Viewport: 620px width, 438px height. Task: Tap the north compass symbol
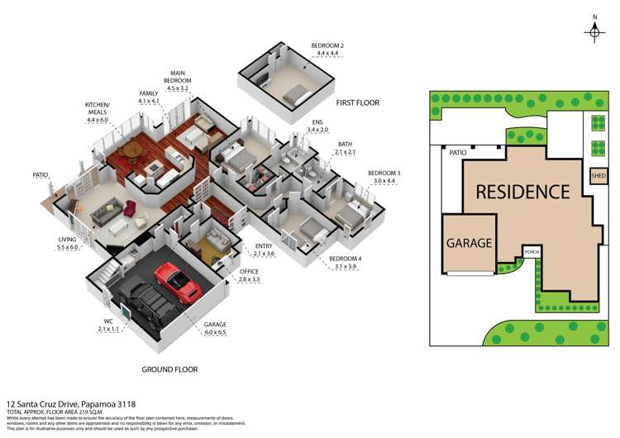click(x=595, y=31)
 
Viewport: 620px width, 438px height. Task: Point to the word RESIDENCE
click(x=522, y=192)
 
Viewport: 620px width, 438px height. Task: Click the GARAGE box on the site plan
click(x=470, y=244)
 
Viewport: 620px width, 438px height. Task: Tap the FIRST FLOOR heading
click(x=357, y=102)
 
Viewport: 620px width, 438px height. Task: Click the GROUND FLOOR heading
click(x=169, y=369)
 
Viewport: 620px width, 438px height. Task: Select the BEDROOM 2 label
click(x=327, y=45)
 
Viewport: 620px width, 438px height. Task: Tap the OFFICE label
click(x=249, y=271)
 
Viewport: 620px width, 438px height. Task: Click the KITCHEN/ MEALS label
click(x=98, y=108)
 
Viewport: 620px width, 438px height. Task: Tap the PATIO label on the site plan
click(x=458, y=153)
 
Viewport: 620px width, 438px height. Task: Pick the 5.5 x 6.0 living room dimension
click(x=68, y=247)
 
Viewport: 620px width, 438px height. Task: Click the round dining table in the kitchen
click(x=130, y=150)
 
